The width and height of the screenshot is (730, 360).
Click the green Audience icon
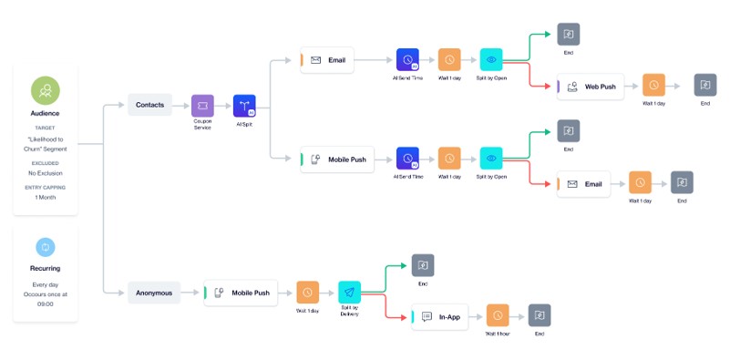tap(45, 89)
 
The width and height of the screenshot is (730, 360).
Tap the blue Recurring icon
tap(45, 246)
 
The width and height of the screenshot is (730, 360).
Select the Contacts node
tap(149, 105)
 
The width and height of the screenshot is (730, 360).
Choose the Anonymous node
tap(153, 293)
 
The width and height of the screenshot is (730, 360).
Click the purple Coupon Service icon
tap(202, 105)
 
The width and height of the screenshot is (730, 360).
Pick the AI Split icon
tap(244, 105)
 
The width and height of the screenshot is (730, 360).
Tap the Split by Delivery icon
tap(350, 293)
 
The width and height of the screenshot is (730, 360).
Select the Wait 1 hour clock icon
tap(498, 316)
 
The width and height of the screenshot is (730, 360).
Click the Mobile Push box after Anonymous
tap(242, 293)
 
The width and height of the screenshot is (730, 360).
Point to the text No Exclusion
tap(45, 172)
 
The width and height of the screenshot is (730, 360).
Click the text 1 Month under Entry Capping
tap(45, 197)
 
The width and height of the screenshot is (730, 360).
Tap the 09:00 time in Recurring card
tap(45, 303)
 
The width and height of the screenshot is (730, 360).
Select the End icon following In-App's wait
tap(540, 316)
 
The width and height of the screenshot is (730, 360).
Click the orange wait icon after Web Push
tap(653, 87)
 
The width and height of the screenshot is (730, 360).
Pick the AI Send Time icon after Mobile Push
tap(407, 159)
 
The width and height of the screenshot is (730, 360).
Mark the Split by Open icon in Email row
tap(491, 60)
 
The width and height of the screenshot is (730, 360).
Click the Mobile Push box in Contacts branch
tap(337, 159)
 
